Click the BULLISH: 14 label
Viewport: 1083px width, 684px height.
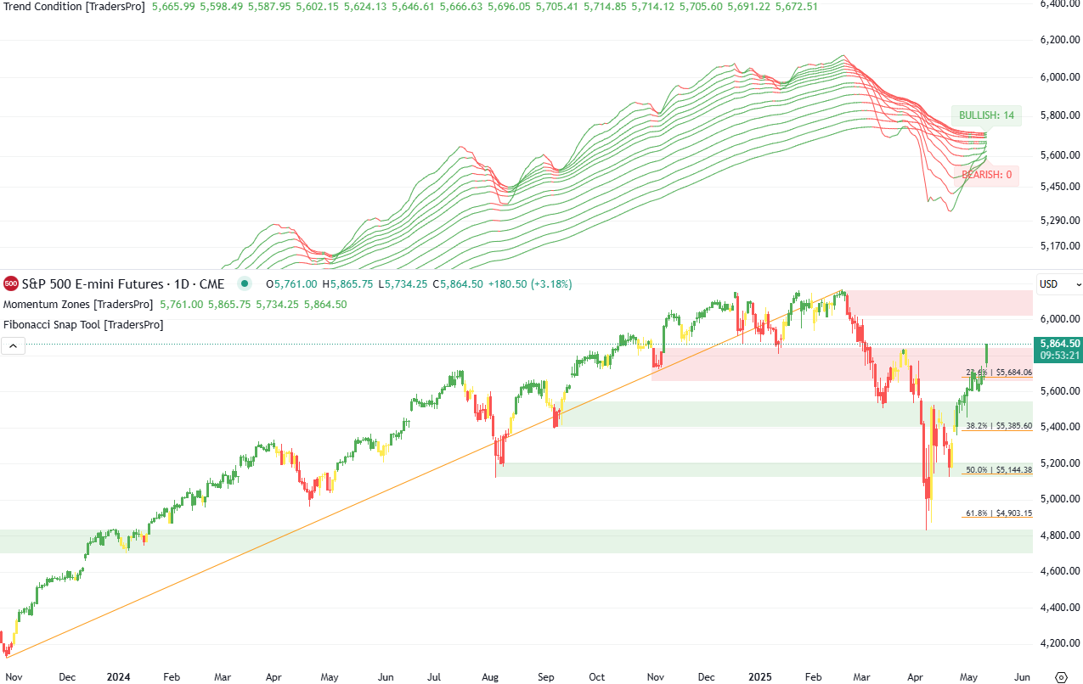click(985, 115)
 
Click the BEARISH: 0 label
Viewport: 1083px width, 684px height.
click(986, 175)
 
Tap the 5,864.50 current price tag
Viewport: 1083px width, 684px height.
click(1057, 343)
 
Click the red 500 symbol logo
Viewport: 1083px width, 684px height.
click(11, 283)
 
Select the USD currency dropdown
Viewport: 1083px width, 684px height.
click(1059, 284)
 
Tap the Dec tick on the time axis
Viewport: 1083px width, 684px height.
click(68, 676)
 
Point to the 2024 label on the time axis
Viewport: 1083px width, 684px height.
click(118, 676)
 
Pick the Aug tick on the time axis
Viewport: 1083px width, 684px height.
click(491, 676)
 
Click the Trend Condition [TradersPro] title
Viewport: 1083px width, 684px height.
click(74, 7)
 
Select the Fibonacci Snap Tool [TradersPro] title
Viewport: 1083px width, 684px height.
click(83, 324)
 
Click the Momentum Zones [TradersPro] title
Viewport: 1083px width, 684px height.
click(78, 304)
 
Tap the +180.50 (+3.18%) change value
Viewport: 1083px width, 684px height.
click(536, 284)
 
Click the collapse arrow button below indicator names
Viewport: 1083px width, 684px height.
click(14, 345)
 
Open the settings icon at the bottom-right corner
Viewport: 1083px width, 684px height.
click(1060, 676)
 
